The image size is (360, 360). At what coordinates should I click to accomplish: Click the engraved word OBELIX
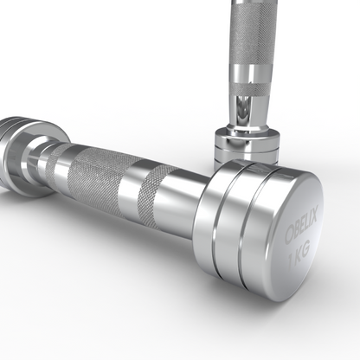(301, 227)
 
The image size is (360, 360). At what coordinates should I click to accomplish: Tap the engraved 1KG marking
(299, 254)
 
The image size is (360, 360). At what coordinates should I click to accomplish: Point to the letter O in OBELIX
(289, 235)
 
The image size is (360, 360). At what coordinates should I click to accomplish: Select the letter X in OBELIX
(314, 215)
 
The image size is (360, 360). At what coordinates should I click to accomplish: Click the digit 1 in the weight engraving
(291, 260)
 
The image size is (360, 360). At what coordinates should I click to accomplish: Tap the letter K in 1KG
(298, 255)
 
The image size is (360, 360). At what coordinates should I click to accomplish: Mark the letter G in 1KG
(305, 249)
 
